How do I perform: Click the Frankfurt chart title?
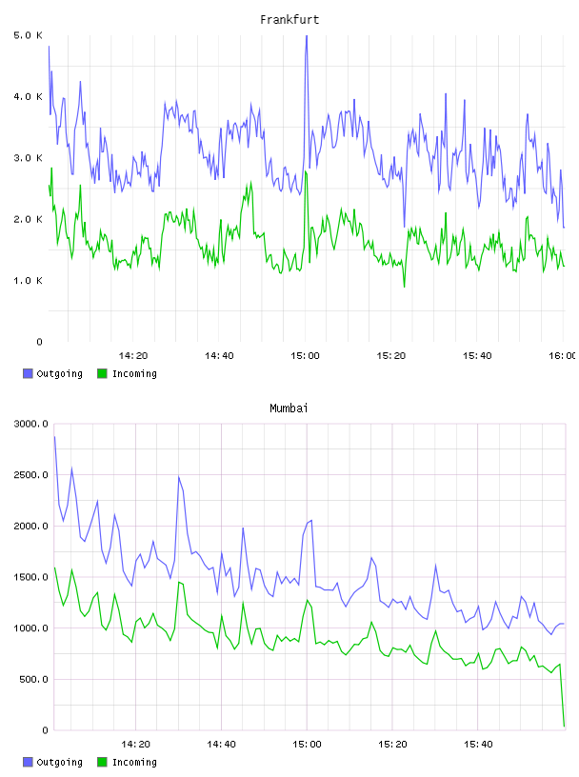[289, 20]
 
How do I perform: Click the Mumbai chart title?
[289, 408]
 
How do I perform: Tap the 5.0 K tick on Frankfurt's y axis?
[29, 35]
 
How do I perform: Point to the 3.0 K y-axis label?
[29, 158]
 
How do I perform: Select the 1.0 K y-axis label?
[29, 281]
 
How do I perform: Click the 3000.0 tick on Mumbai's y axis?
[31, 424]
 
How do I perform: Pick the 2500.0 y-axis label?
[31, 475]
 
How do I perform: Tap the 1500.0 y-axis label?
[31, 577]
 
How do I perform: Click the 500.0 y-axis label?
[33, 679]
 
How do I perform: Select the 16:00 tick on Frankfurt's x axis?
[563, 356]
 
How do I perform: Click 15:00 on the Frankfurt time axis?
[305, 356]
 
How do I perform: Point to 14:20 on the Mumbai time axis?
[135, 745]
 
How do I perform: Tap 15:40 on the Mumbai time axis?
[478, 745]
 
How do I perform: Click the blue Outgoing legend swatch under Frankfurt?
[28, 373]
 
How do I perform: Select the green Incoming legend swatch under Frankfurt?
[102, 373]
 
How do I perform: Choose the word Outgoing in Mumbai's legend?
[59, 762]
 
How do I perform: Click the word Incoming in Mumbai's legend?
[134, 762]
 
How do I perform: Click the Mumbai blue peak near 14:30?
[178, 477]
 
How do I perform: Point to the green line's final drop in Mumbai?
[562, 696]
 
